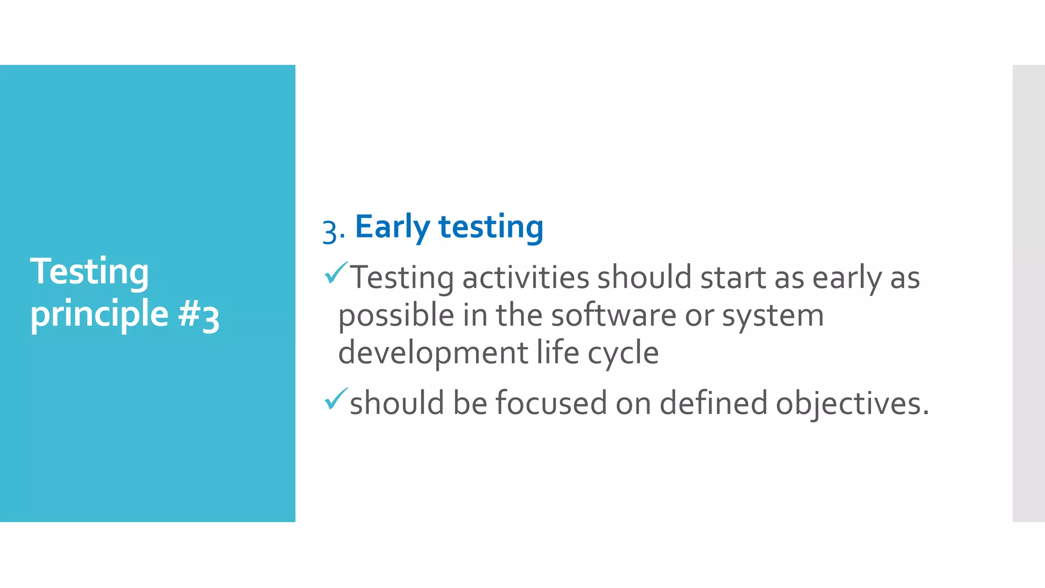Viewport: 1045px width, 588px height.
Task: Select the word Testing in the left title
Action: [89, 272]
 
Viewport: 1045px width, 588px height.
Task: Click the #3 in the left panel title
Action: [199, 315]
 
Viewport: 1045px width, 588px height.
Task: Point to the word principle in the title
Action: [99, 314]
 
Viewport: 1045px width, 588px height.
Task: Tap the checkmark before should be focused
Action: [336, 399]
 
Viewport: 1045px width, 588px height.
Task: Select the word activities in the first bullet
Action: [526, 278]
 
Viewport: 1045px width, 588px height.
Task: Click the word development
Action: [433, 353]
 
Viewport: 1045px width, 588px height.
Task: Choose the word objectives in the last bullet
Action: [852, 404]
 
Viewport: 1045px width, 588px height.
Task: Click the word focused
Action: [551, 403]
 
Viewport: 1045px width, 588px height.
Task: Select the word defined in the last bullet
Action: [713, 403]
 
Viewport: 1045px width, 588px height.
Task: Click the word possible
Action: [396, 316]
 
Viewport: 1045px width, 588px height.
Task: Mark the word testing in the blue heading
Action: [491, 227]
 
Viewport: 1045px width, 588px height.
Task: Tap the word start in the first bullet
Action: [733, 278]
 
